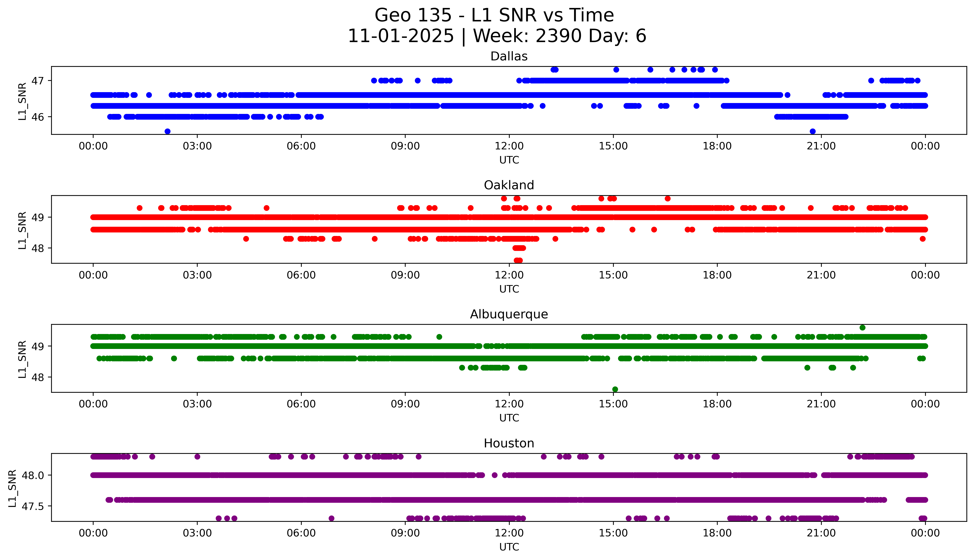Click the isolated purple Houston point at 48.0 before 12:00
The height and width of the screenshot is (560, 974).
[495, 475]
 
